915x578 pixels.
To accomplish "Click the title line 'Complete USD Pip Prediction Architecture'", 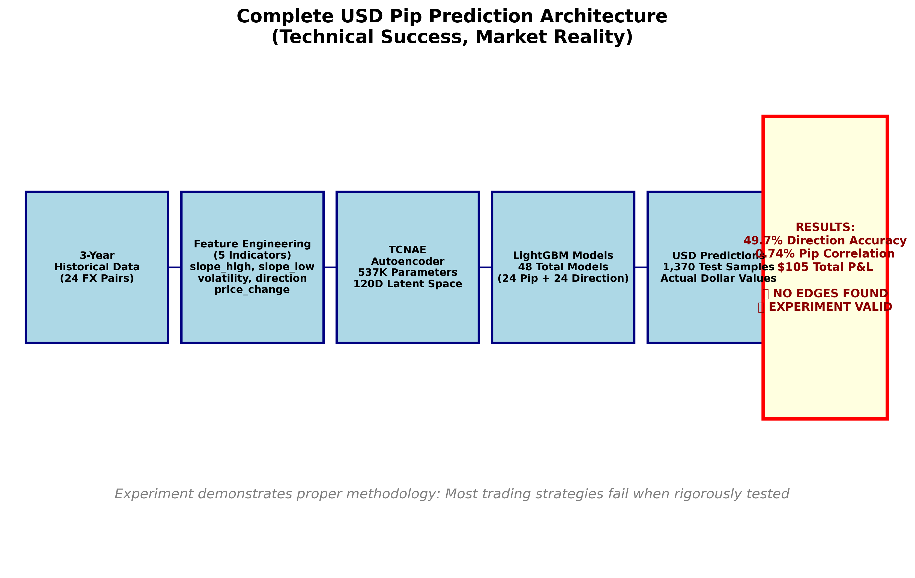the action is pyautogui.click(x=452, y=17).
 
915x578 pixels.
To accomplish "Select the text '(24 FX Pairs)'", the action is pyautogui.click(x=97, y=278).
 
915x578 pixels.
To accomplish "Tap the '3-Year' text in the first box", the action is pyautogui.click(x=97, y=255).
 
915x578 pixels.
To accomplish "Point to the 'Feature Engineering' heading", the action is pyautogui.click(x=252, y=244).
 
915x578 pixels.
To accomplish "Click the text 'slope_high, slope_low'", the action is pyautogui.click(x=252, y=267).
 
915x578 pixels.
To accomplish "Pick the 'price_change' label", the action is pyautogui.click(x=252, y=290).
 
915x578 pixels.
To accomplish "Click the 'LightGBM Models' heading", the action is pyautogui.click(x=563, y=255).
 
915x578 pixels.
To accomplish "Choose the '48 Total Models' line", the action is pyautogui.click(x=563, y=267).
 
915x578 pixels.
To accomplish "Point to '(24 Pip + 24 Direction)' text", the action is pyautogui.click(x=563, y=278).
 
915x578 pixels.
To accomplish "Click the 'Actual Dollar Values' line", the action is pyautogui.click(x=718, y=278).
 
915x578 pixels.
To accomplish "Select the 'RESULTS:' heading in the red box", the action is pyautogui.click(x=825, y=227).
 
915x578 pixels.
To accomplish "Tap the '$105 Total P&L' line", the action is pyautogui.click(x=825, y=267).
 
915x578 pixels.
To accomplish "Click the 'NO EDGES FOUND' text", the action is pyautogui.click(x=830, y=294).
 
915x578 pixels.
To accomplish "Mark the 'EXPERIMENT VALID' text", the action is pyautogui.click(x=830, y=307).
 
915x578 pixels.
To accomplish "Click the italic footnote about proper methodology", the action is pyautogui.click(x=452, y=494).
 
